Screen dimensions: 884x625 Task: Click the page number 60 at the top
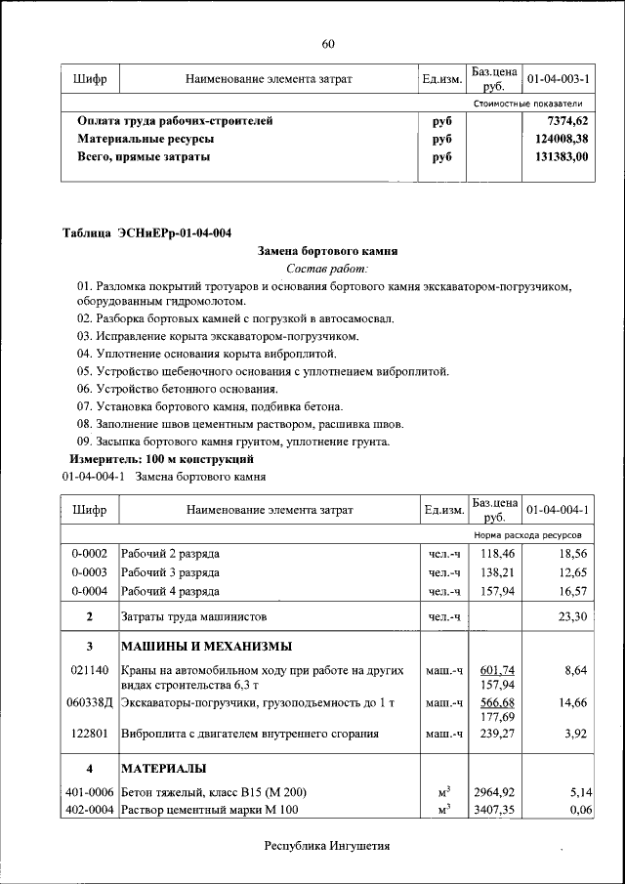point(328,43)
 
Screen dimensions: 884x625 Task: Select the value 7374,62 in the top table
point(568,121)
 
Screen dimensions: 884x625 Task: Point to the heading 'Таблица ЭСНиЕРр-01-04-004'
point(146,232)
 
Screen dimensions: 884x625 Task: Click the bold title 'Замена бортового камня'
point(327,250)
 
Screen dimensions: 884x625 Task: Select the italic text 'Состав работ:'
point(327,268)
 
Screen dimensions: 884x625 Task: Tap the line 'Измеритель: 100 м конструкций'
point(161,458)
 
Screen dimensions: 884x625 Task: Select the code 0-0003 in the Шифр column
point(89,572)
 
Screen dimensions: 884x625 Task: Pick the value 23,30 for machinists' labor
point(571,617)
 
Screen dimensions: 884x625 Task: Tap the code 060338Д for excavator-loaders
point(90,703)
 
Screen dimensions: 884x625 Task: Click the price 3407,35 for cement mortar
point(494,811)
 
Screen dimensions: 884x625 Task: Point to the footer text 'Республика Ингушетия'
point(327,846)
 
